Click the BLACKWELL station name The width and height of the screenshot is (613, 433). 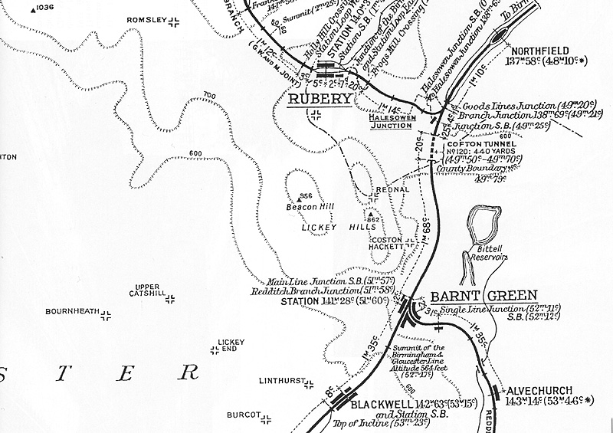click(382, 402)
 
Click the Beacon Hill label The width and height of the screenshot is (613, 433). click(306, 207)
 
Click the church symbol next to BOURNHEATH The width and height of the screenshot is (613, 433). click(107, 314)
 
